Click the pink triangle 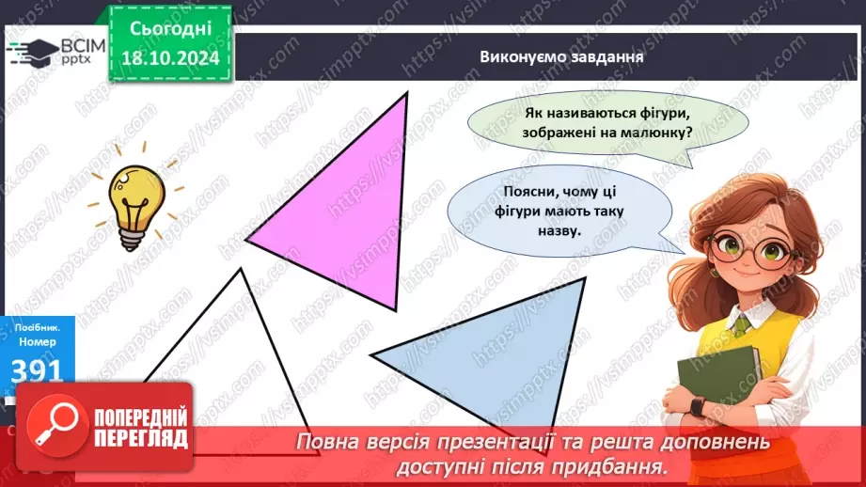[348, 216]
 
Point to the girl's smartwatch [697, 406]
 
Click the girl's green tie [743, 325]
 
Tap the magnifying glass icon [55, 425]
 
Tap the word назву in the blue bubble [563, 229]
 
